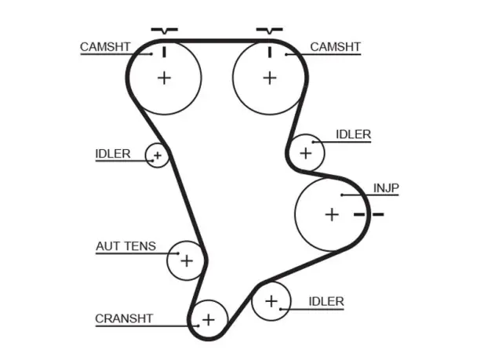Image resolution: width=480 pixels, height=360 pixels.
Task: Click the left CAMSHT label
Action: click(x=105, y=47)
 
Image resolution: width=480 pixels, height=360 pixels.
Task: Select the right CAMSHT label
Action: click(x=336, y=47)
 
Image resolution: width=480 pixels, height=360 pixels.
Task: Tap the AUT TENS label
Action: click(x=125, y=246)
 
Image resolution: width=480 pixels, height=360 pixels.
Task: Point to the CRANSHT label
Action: click(x=124, y=318)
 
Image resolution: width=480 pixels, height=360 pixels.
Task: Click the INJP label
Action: click(x=386, y=188)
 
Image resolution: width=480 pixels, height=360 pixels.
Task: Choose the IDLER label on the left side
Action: click(x=113, y=154)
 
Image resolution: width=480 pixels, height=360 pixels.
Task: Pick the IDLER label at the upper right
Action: click(x=354, y=134)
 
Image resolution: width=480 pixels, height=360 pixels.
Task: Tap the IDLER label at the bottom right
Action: click(x=326, y=301)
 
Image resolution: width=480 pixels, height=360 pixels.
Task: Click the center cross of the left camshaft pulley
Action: click(x=165, y=78)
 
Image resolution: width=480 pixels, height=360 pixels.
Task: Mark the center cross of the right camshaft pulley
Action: click(x=270, y=78)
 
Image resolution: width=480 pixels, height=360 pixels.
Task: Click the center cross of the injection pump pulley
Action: click(x=332, y=214)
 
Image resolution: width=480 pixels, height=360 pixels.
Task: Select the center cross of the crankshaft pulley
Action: click(x=209, y=320)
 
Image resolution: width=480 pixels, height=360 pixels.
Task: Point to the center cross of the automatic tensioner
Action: click(x=187, y=261)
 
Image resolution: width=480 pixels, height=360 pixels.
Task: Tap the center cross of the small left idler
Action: click(x=158, y=155)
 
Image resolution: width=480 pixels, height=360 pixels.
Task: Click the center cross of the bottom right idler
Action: click(x=271, y=301)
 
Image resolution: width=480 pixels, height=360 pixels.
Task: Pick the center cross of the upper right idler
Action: click(x=306, y=153)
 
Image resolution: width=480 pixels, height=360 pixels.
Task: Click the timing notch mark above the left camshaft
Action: click(x=165, y=31)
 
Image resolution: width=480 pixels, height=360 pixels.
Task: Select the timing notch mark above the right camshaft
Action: click(x=269, y=31)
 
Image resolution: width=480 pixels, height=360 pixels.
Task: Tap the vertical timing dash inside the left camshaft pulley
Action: click(x=165, y=52)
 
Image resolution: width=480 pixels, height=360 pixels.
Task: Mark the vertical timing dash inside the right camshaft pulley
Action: click(x=270, y=52)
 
